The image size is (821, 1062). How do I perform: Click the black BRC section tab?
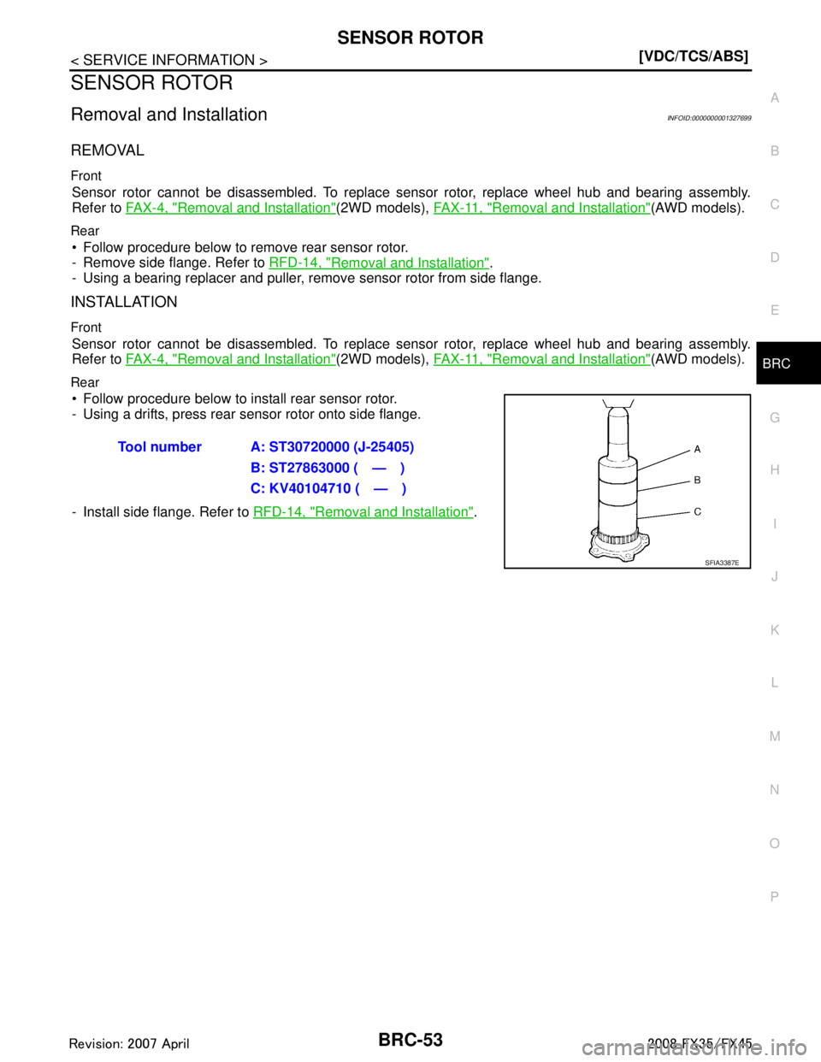(x=789, y=363)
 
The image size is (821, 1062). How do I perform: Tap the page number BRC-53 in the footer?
(x=410, y=1039)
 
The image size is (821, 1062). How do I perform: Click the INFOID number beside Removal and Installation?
(x=709, y=118)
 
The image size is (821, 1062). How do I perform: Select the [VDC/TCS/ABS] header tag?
(x=694, y=56)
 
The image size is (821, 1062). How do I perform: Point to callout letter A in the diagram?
(x=697, y=449)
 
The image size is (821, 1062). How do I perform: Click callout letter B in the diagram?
(x=697, y=481)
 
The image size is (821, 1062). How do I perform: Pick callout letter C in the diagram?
(x=697, y=511)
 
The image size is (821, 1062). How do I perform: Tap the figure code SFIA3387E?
(x=721, y=563)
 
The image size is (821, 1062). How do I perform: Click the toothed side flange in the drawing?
(x=618, y=545)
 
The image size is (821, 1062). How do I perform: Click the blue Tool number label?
(x=160, y=446)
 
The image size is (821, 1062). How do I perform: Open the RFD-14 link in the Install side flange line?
(x=363, y=511)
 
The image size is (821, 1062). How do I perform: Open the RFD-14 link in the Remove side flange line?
(x=379, y=263)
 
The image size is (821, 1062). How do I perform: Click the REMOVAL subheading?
(x=108, y=150)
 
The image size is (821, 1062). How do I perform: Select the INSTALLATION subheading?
(x=124, y=302)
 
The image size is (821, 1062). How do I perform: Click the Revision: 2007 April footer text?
(x=129, y=1044)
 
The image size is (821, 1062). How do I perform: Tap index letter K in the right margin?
(x=775, y=629)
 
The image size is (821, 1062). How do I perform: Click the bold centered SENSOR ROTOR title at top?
(x=410, y=38)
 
